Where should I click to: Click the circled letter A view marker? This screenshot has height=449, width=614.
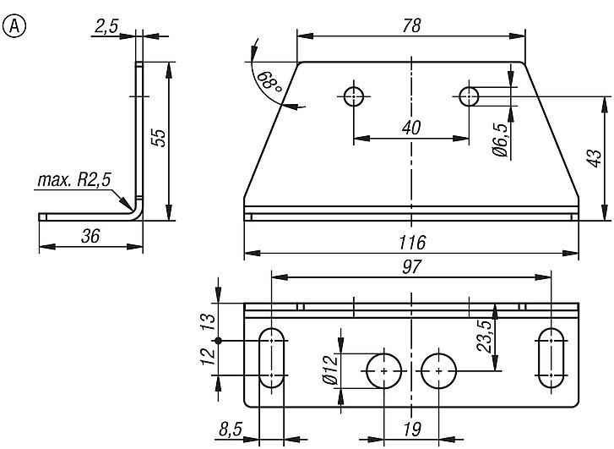click(x=14, y=26)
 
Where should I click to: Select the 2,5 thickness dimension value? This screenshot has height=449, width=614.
click(x=106, y=26)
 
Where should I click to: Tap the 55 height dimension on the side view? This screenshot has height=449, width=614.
click(x=158, y=139)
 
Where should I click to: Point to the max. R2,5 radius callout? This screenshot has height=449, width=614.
click(x=74, y=180)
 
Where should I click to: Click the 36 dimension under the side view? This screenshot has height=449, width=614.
click(x=90, y=236)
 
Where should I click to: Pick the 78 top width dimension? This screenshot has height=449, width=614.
click(x=410, y=25)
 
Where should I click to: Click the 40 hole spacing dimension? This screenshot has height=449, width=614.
click(x=410, y=128)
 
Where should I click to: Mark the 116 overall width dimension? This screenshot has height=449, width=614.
click(x=411, y=244)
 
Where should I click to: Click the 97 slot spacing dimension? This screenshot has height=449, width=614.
click(x=411, y=266)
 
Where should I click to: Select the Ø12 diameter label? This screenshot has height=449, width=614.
click(x=330, y=370)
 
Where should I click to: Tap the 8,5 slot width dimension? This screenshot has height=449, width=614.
click(x=231, y=430)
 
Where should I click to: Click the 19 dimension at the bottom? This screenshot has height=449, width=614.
click(x=411, y=430)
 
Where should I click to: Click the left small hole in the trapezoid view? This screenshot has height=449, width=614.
click(x=354, y=96)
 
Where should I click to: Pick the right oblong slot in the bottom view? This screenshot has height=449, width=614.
click(x=552, y=358)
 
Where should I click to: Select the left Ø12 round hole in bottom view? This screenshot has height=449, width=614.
click(x=384, y=371)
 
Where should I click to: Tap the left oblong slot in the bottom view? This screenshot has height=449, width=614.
click(x=271, y=358)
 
